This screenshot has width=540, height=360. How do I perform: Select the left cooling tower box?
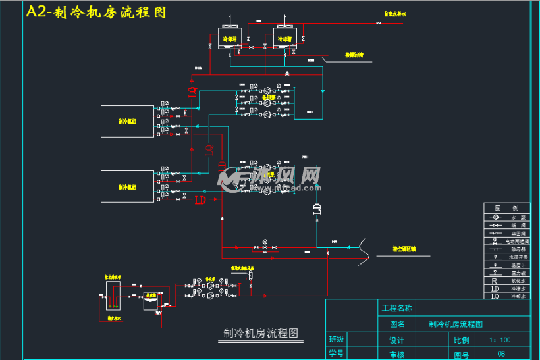coord(230,38)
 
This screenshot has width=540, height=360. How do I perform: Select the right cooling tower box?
coord(284,38)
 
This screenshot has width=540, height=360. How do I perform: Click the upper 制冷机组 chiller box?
coord(127,121)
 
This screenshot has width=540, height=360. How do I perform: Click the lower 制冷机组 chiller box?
coord(127,186)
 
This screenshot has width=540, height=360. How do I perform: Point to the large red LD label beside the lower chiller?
coord(200,199)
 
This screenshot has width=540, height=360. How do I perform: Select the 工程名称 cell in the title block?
coord(396,308)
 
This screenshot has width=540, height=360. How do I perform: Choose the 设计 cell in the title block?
coord(396,340)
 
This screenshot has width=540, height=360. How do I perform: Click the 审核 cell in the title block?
coord(396,355)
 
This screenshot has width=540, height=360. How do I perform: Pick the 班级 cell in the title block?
coord(337,340)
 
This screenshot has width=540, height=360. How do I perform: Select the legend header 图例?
coord(506,208)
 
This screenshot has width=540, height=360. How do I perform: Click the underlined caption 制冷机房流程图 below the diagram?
coord(261,334)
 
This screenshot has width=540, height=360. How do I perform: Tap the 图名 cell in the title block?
coord(396,324)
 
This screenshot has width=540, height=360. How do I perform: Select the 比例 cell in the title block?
coord(461,340)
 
